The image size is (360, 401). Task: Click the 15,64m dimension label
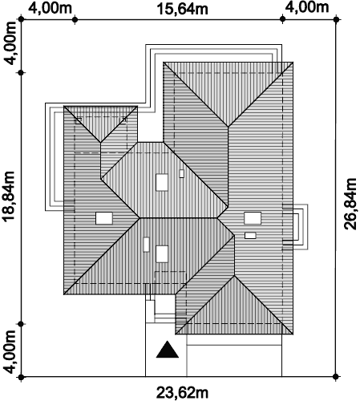click(183, 9)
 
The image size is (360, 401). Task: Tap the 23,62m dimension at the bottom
click(182, 393)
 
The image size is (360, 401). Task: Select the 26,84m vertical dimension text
click(350, 204)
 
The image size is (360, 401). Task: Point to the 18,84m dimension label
click(8, 196)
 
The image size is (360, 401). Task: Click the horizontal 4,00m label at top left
click(51, 8)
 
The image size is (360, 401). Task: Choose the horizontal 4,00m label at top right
click(307, 7)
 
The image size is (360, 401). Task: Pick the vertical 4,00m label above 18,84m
click(10, 43)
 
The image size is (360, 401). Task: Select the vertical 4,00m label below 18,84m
click(10, 352)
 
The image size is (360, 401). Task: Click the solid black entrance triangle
click(168, 350)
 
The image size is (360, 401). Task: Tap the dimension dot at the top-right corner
click(337, 19)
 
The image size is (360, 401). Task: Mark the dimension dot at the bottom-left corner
click(22, 377)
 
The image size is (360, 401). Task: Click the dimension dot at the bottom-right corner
click(337, 377)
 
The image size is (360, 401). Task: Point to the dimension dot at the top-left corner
click(21, 19)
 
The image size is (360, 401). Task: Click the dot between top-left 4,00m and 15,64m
click(75, 19)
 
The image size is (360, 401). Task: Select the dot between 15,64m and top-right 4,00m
click(282, 19)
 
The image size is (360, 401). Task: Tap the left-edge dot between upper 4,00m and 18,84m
click(22, 73)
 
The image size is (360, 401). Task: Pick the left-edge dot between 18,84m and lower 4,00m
click(22, 324)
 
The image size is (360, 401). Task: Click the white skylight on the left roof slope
click(104, 218)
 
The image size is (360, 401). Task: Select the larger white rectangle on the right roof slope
click(253, 218)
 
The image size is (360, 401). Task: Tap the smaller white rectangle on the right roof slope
click(250, 236)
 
